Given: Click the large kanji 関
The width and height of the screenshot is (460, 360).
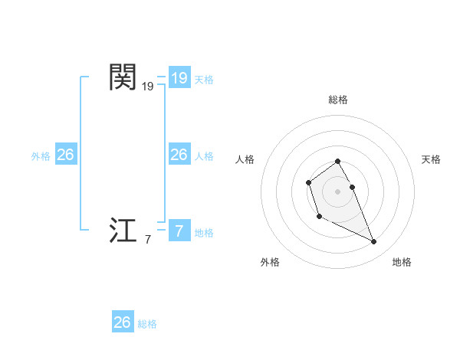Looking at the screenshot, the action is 123,77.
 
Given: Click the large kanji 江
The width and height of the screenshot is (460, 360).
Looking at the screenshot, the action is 123,231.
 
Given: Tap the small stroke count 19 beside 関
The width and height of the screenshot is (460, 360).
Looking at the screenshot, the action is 147,87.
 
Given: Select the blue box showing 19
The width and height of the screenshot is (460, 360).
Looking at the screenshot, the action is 179,77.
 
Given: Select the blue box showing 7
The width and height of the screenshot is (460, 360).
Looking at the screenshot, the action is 179,231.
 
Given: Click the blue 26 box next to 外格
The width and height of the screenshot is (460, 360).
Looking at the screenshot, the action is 65,155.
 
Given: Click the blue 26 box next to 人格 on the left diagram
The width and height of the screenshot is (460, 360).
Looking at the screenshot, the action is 179,155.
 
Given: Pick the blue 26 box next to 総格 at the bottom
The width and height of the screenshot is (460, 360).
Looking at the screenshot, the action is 122,322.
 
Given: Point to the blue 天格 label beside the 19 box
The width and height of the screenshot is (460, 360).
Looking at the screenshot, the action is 204,80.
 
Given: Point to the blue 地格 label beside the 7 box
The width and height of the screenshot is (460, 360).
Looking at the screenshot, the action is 204,233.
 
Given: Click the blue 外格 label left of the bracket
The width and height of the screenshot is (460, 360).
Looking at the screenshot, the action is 41,156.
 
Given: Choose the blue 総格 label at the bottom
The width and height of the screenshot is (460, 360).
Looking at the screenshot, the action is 147,324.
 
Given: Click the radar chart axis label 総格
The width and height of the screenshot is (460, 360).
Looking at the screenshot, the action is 338,100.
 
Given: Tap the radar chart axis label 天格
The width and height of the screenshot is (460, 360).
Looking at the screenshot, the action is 432,159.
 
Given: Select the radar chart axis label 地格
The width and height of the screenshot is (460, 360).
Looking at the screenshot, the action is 402,262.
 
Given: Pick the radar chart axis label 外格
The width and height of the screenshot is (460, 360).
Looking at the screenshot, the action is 270,262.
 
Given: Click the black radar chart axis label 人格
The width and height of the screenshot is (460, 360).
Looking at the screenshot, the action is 245,159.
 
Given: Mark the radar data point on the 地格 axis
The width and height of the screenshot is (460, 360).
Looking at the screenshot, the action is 374,242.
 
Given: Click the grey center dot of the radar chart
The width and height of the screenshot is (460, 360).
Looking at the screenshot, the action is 338,191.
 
